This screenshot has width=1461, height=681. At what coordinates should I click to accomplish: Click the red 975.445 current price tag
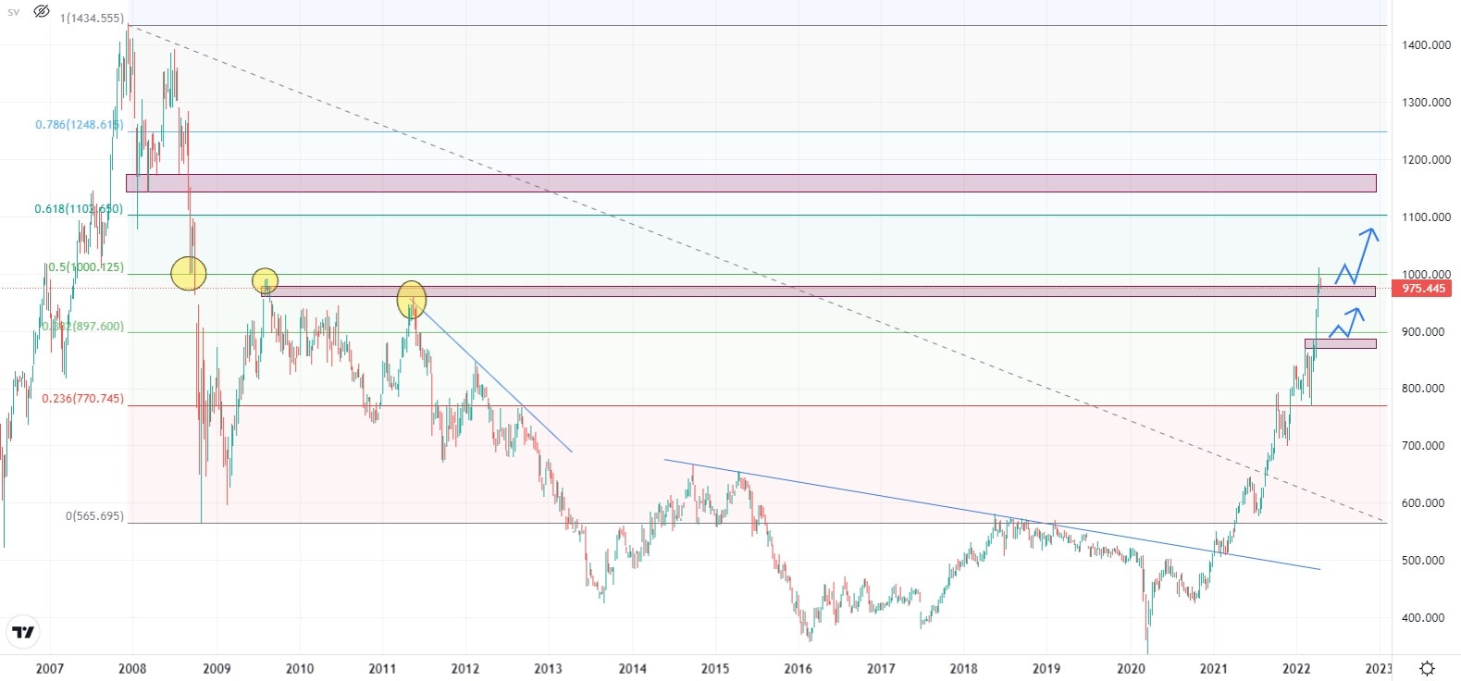1423,289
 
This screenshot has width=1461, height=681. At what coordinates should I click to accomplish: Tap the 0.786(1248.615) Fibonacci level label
78,125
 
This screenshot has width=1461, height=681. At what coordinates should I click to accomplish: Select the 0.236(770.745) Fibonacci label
82,399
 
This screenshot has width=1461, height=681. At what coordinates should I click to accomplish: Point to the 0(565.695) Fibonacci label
93,516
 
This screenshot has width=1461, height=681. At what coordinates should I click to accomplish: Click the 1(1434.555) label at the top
92,19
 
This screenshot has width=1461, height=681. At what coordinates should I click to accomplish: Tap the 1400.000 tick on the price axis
1425,45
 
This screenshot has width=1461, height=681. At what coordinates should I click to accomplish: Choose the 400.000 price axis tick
1425,618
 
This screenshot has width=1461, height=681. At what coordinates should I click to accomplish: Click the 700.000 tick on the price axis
1425,446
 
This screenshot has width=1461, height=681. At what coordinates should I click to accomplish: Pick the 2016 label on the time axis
798,669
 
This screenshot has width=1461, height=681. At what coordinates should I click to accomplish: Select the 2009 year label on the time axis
217,669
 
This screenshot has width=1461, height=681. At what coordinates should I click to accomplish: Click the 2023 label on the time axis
1379,669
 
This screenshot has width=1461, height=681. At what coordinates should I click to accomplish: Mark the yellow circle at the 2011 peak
412,300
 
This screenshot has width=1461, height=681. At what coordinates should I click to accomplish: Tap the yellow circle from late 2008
189,273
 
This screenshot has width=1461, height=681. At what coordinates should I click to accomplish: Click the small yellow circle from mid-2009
265,280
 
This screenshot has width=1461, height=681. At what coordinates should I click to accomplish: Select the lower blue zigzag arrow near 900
1346,323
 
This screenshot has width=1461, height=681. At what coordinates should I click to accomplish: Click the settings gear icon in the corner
1428,668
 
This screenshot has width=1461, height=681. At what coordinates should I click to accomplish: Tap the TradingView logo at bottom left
23,633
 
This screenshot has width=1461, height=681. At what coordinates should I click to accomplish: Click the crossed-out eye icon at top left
42,12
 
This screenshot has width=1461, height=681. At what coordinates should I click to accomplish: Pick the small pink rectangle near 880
1340,344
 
